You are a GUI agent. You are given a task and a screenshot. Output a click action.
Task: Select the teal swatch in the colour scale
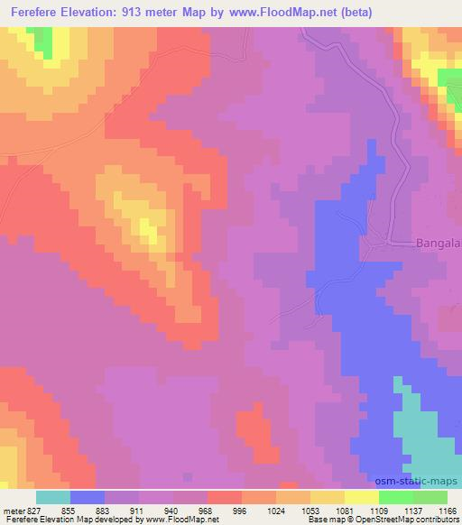pos(53,497)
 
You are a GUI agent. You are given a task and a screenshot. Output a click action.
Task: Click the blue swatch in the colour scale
pos(88,497)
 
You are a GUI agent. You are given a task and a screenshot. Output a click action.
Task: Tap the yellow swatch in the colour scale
pos(362,497)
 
